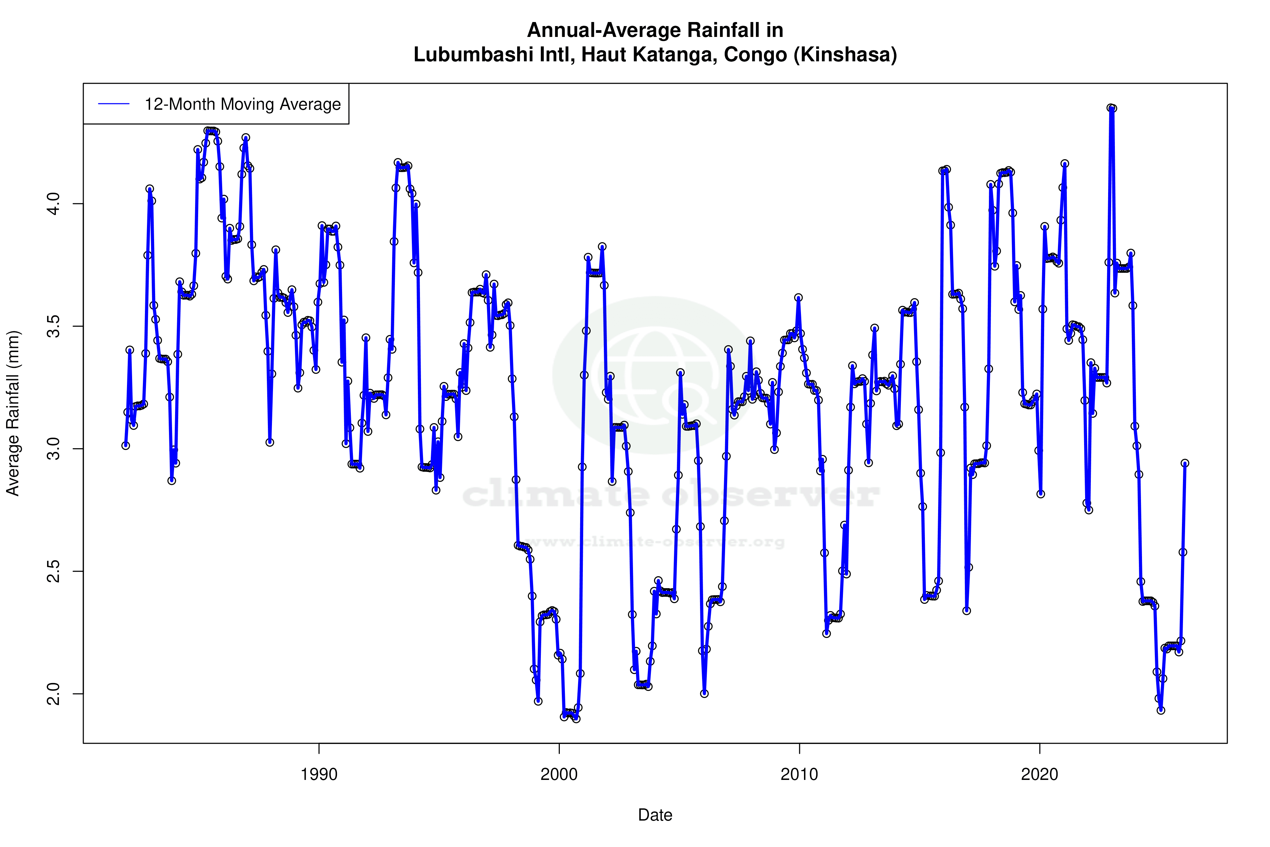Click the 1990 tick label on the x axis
pos(319,774)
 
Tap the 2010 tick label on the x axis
pos(799,774)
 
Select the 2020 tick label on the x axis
pos(1039,774)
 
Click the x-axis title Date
pos(655,815)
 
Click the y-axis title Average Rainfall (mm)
pos(13,413)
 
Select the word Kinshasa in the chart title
pos(845,55)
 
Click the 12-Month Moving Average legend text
pos(242,104)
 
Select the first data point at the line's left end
pos(126,446)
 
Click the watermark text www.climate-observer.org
pos(655,542)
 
